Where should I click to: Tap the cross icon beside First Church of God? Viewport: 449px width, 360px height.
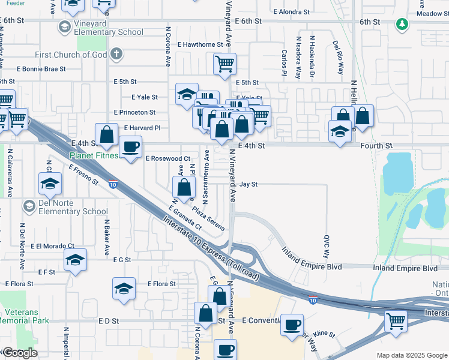[116, 55]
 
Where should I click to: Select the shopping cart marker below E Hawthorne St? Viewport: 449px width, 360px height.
[224, 63]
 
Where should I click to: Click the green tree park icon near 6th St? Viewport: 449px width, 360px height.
[402, 25]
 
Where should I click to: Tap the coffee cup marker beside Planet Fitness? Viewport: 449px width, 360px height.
[130, 146]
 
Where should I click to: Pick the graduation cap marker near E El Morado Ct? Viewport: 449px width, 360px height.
[76, 260]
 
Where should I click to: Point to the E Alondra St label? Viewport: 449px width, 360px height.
[291, 11]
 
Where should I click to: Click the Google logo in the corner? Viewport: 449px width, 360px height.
[20, 353]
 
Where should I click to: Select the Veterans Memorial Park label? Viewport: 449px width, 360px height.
[26, 317]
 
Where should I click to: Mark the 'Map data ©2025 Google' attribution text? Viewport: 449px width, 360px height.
[412, 355]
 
